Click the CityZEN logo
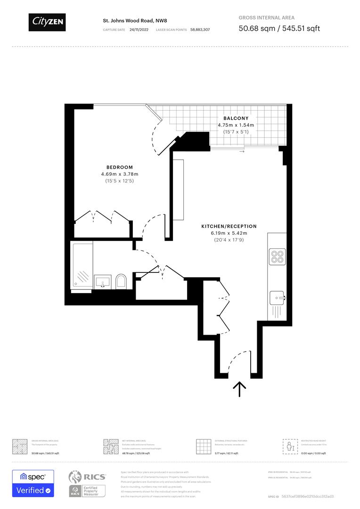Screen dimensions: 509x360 tap(47, 22)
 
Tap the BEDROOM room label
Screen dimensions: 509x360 tap(119, 167)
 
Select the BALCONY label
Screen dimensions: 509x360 tap(236, 118)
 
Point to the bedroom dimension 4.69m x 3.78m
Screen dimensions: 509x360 tap(119, 174)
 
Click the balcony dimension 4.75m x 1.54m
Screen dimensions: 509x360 tap(236, 125)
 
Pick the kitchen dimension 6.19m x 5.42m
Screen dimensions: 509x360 tap(229, 233)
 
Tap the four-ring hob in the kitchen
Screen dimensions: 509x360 tap(277, 256)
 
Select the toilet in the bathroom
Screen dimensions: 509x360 tap(121, 281)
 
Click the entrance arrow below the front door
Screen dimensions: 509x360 tap(240, 389)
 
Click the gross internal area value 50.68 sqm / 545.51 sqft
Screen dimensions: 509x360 tap(279, 28)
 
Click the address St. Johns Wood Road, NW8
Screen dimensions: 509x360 tap(135, 21)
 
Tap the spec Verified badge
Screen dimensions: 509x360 tap(33, 484)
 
